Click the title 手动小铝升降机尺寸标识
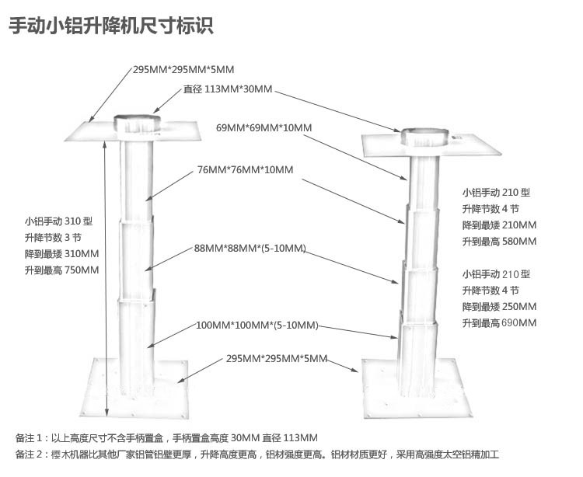point(110,26)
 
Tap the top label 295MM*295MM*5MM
point(183,70)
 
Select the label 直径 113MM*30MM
point(228,89)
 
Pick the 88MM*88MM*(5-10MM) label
point(250,249)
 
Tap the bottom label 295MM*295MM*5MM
point(277,359)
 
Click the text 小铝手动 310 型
point(58,221)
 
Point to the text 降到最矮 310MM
point(61,254)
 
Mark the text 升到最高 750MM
point(61,270)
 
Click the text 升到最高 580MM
point(499,242)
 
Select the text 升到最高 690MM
point(499,323)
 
